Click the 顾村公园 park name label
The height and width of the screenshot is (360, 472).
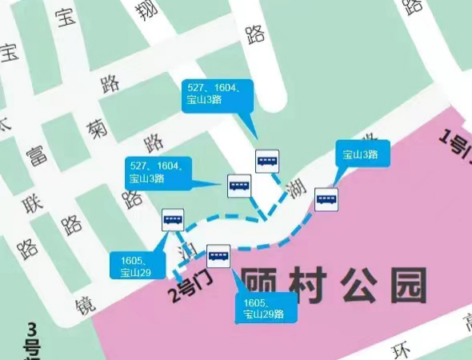(334, 285)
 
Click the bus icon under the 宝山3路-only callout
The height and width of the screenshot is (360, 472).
(326, 199)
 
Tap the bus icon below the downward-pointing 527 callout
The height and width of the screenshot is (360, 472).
(267, 162)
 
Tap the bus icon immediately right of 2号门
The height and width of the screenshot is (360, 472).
(218, 255)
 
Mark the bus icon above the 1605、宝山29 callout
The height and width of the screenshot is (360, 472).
(173, 219)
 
